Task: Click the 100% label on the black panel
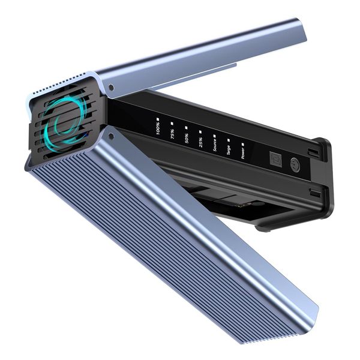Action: pos(158,128)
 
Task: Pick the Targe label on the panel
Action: pos(229,149)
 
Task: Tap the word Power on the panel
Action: pos(243,152)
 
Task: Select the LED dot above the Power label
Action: pos(243,144)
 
